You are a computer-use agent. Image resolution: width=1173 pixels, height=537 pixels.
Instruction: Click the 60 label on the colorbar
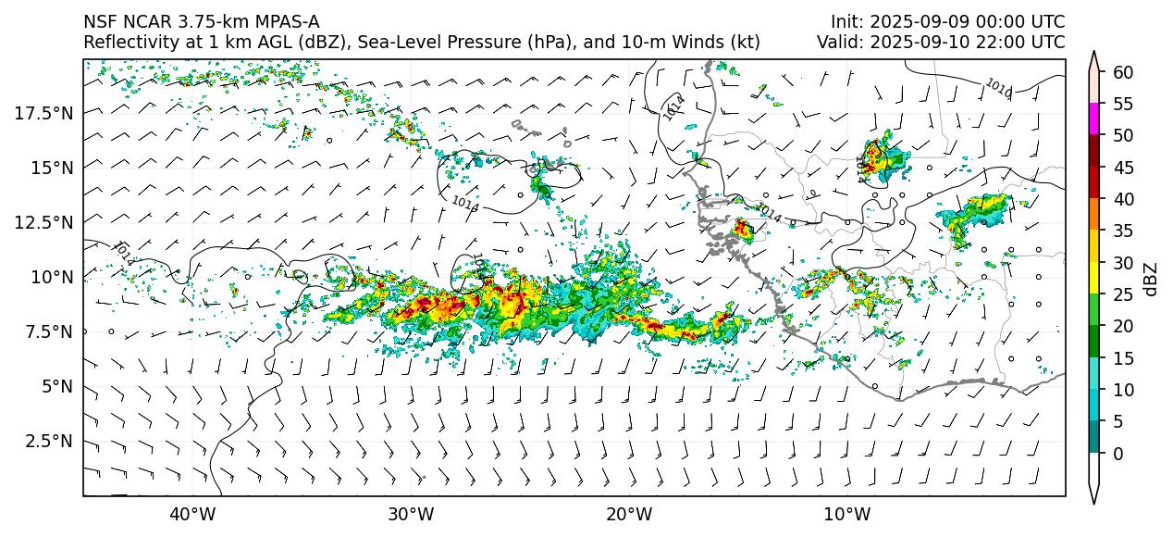pyautogui.click(x=1123, y=72)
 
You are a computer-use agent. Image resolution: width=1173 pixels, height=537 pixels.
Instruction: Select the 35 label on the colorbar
pyautogui.click(x=1123, y=231)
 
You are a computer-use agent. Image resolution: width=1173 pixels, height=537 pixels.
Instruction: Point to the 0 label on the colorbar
pyautogui.click(x=1118, y=454)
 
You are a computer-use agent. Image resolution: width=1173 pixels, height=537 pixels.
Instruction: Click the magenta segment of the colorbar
pyautogui.click(x=1094, y=119)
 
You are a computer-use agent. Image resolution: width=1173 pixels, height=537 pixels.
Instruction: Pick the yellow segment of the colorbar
pyautogui.click(x=1094, y=278)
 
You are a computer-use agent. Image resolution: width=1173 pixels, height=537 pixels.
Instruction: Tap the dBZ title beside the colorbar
pyautogui.click(x=1150, y=278)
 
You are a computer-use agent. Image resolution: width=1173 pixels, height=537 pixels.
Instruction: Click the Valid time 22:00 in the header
pyautogui.click(x=994, y=42)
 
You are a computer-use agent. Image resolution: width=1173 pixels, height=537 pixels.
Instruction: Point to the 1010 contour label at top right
pyautogui.click(x=998, y=88)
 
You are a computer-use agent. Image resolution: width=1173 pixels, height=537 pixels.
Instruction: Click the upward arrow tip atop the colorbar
pyautogui.click(x=1094, y=54)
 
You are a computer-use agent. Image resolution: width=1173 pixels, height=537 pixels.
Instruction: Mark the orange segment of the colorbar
pyautogui.click(x=1094, y=214)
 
